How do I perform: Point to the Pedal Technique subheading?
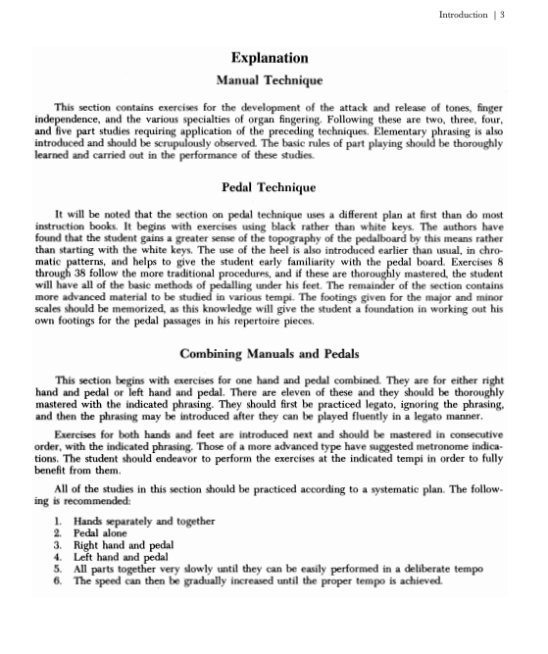coord(269,187)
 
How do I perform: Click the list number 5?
coord(59,569)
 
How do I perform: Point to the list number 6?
coord(59,580)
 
